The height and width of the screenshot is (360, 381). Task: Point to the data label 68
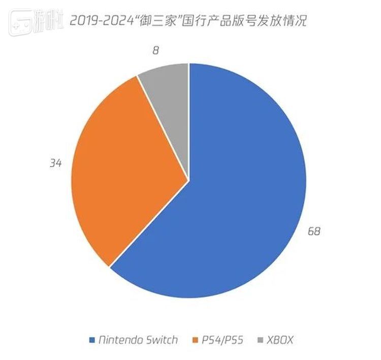(314, 232)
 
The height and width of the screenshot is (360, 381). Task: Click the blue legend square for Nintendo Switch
(91, 340)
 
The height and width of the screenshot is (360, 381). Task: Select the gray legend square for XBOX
(261, 340)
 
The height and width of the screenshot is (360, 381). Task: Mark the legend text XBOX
(280, 340)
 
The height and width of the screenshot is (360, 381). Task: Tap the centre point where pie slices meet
(189, 180)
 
